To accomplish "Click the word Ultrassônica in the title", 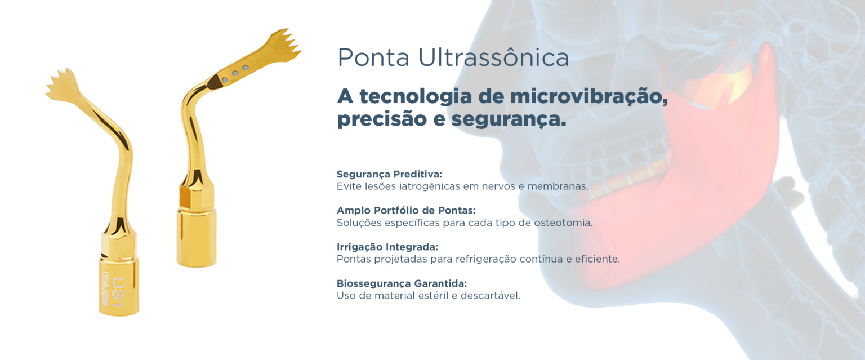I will point(493,57).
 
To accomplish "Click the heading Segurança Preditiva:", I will point(389,174).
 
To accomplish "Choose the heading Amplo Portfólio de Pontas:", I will point(406,210).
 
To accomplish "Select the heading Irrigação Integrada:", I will point(387,247).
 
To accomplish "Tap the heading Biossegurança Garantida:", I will point(402,283).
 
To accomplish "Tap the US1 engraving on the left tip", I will point(118,292).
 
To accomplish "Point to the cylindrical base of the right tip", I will point(196,237).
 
